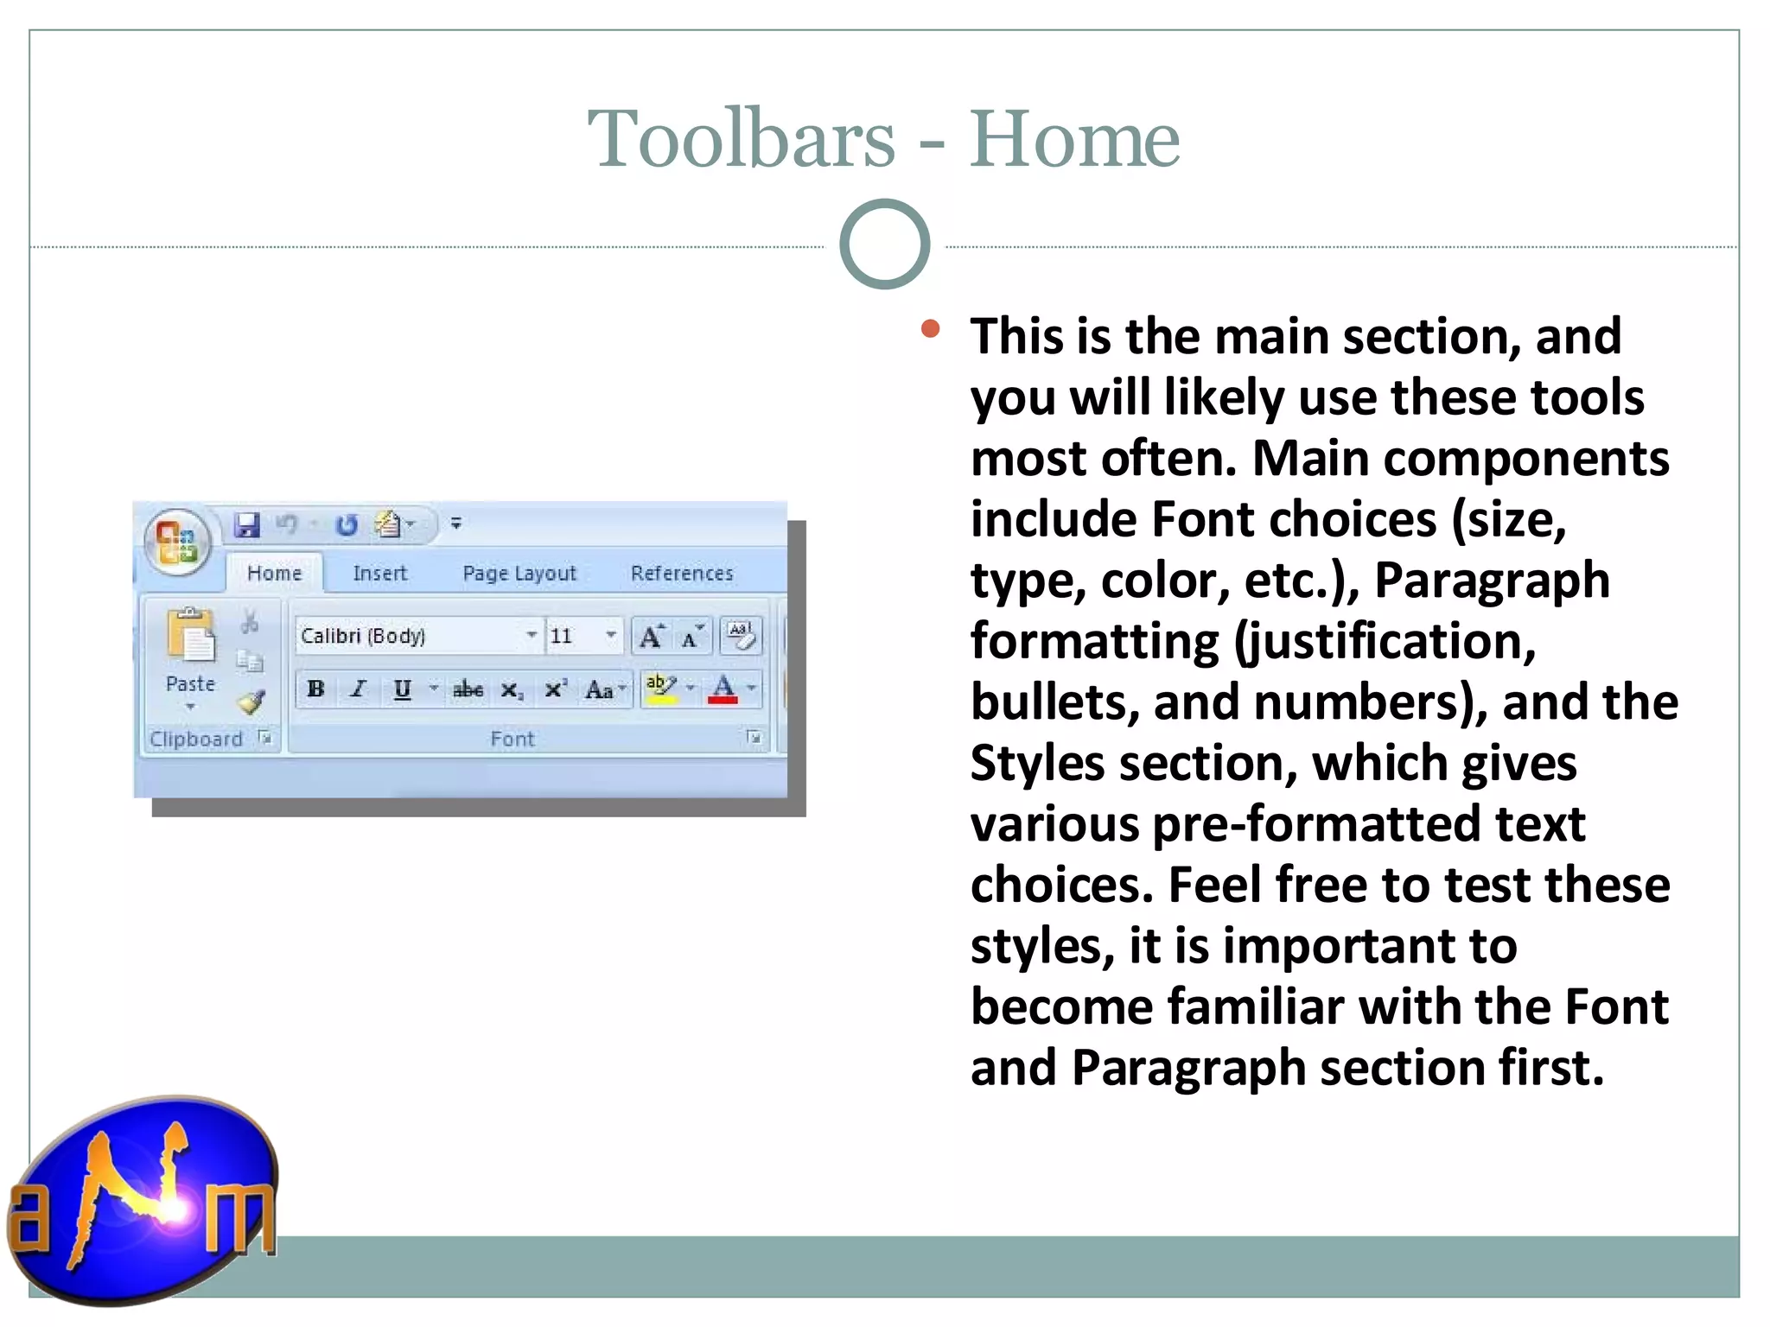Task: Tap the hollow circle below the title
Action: tap(884, 244)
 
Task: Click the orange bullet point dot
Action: tap(930, 328)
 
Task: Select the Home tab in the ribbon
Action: tap(274, 573)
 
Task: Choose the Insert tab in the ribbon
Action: tap(379, 573)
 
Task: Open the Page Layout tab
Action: tap(519, 573)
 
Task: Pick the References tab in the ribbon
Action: tap(681, 573)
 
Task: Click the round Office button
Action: tap(177, 542)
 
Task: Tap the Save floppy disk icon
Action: tap(247, 524)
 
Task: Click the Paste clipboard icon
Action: tap(190, 638)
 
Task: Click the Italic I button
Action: tap(358, 689)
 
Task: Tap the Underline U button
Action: tap(402, 689)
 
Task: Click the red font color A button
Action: tap(723, 689)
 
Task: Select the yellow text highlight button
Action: tap(661, 689)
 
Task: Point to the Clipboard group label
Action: tap(196, 739)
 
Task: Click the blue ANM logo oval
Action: tap(143, 1201)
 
